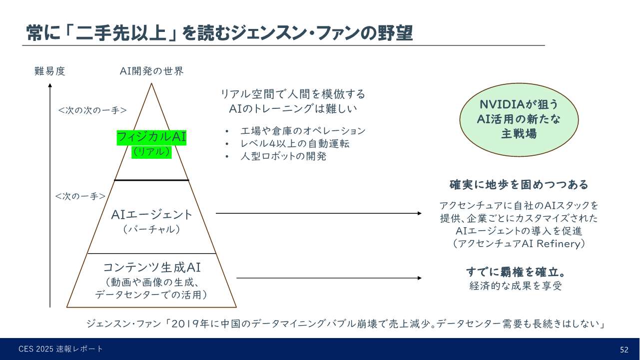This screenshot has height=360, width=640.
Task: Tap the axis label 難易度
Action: click(x=49, y=71)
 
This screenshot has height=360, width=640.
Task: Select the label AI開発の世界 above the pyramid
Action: click(x=151, y=71)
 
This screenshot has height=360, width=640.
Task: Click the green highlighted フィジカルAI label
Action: click(x=151, y=137)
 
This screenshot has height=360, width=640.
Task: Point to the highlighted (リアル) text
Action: click(x=151, y=152)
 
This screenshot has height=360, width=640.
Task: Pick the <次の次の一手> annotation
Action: click(x=92, y=110)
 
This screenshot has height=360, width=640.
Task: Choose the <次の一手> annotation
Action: click(x=80, y=196)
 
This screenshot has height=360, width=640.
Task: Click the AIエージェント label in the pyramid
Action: click(x=151, y=215)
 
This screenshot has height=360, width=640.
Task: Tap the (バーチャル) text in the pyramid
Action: click(x=151, y=230)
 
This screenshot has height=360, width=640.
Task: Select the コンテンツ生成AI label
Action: click(x=151, y=267)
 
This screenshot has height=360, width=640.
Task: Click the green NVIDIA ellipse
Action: click(x=519, y=119)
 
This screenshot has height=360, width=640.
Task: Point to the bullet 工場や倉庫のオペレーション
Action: click(x=303, y=131)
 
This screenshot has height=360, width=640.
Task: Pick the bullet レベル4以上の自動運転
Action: click(x=295, y=144)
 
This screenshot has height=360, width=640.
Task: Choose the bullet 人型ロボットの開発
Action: click(x=283, y=156)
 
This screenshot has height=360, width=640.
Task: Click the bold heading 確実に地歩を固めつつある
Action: click(x=519, y=185)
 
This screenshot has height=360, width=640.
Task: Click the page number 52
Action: click(x=624, y=350)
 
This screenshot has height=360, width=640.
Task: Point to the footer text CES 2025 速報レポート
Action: click(x=61, y=349)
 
